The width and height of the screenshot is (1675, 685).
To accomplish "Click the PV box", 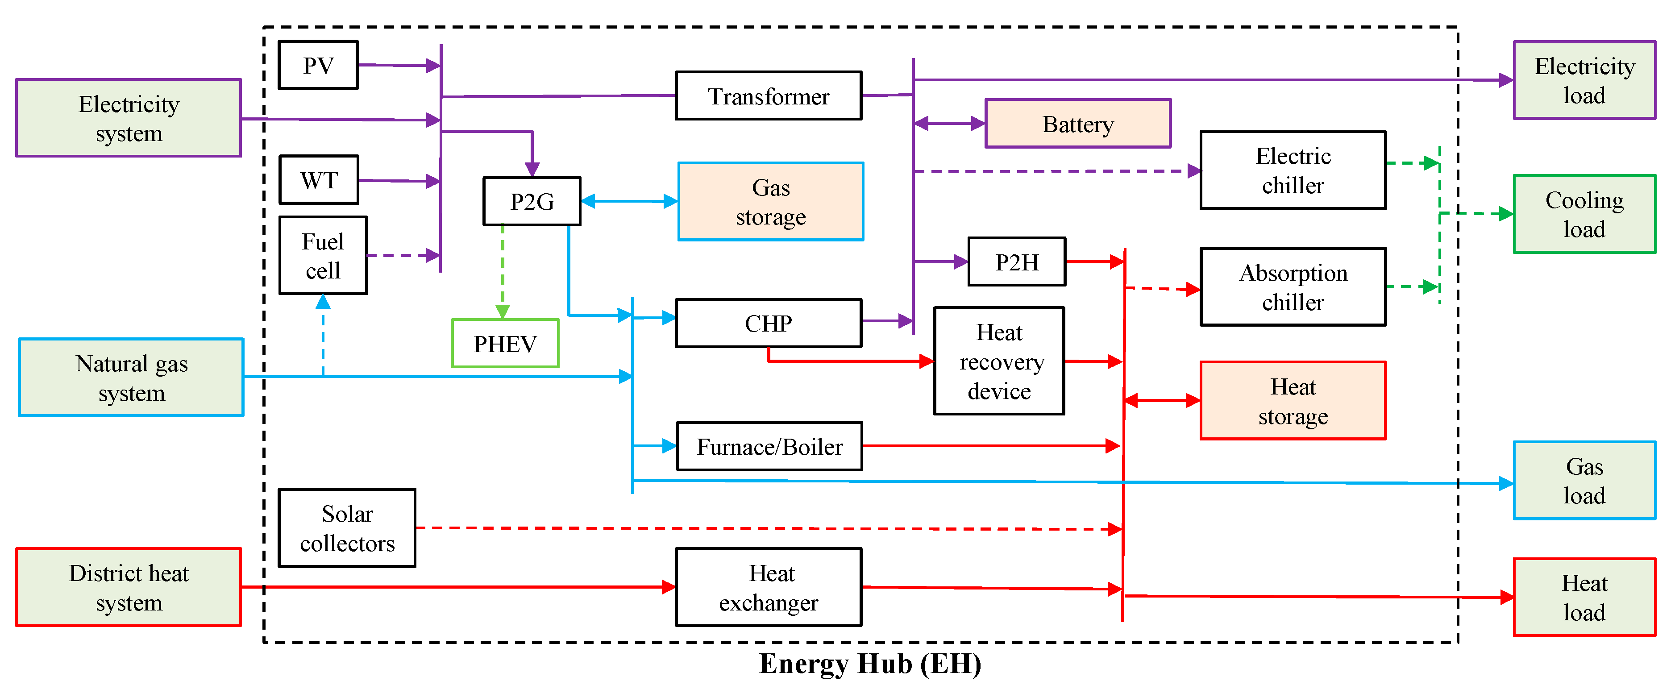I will coord(318,65).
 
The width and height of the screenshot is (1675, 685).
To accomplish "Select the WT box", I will coord(319,179).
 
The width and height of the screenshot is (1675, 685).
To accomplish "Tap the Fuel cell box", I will coord(323,255).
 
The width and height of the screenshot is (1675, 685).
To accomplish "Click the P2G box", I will coord(531,201).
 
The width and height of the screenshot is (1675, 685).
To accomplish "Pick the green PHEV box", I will coord(505,343).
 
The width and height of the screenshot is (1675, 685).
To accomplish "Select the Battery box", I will coord(1077,124).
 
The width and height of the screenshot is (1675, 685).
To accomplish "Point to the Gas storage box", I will coord(770,201).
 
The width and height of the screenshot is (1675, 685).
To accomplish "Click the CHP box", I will coord(769,323).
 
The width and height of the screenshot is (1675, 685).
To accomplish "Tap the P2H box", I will coord(1016,262).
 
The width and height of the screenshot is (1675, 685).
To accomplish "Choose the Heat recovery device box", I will coord(999,361).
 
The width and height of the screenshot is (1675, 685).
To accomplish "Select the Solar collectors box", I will coord(347,528).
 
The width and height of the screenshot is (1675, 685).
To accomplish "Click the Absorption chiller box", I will coord(1293,286).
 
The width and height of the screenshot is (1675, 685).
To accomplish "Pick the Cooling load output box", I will coord(1584,214).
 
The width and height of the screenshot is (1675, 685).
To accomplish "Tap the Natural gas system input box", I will coord(131,378).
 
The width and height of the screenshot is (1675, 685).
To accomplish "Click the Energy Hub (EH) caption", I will coord(870,664).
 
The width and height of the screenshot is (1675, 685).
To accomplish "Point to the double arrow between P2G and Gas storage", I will coord(629,201).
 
